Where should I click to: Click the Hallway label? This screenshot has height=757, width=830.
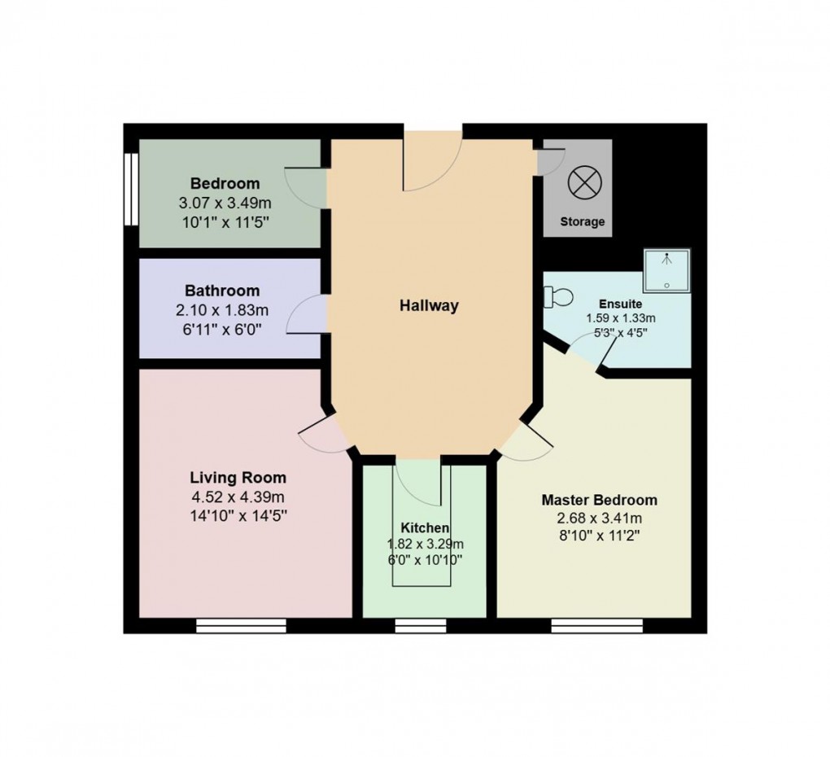pos(429,306)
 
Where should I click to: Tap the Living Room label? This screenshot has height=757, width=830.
pos(238,477)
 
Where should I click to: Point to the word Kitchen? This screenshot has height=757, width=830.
pos(425,528)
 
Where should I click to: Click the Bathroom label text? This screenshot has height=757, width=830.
pos(222,291)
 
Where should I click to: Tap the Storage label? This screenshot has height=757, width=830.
pos(583,221)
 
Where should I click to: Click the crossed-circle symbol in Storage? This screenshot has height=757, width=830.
pos(582,182)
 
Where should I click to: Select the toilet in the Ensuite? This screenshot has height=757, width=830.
pos(560,295)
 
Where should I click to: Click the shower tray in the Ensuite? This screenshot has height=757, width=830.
pos(666,270)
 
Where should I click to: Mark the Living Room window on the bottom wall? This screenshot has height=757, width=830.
pos(242,625)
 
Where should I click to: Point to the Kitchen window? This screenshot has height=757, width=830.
pos(421,625)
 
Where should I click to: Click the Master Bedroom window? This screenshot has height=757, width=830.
pos(596,625)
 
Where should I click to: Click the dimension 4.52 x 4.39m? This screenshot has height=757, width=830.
pos(238,497)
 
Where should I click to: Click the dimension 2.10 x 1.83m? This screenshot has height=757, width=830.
pos(222,310)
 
